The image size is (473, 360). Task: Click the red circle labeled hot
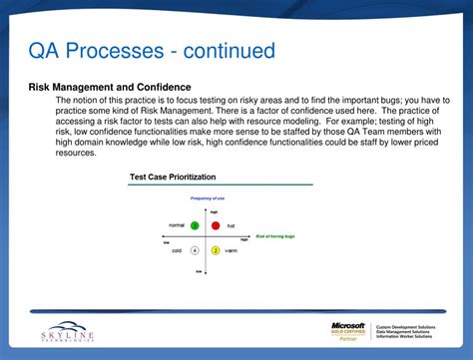tap(216, 225)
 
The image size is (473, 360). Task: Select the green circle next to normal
tap(196, 225)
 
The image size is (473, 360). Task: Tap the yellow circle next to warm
tap(216, 250)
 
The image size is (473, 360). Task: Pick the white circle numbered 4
tap(195, 250)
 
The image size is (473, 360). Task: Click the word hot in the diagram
tap(232, 226)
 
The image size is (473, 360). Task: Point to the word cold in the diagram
tap(177, 250)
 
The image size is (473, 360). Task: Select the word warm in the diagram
tap(231, 250)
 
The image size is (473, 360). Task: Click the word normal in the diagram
tap(177, 226)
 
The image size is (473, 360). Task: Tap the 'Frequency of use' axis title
tap(207, 199)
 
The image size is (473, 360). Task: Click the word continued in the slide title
tap(229, 50)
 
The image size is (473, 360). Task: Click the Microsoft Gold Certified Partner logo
tap(349, 331)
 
